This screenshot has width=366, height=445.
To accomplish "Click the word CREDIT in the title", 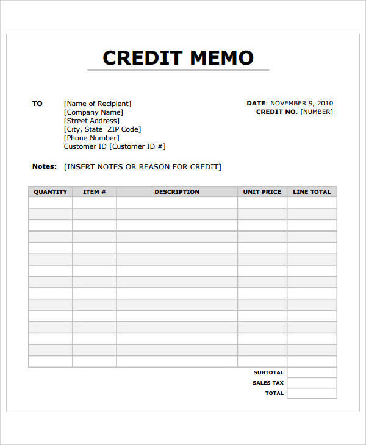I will point(143,58).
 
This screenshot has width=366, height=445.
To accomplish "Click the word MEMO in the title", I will point(221,58).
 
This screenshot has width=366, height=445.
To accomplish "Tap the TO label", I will point(37,104).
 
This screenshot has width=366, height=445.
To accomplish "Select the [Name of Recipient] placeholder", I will point(98,104).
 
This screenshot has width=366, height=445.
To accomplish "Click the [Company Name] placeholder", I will point(93,112).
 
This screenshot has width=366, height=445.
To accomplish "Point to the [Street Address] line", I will point(91,121).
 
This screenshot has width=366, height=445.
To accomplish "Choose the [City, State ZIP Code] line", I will point(102,129).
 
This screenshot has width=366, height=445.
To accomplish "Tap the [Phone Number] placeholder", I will point(91,138).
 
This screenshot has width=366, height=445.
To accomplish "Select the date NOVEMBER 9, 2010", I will point(301,104).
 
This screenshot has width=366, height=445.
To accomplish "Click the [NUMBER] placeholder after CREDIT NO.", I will point(317,112).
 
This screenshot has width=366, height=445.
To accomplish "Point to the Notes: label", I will point(44,166).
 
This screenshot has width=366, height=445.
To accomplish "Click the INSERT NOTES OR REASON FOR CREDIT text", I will point(143,167).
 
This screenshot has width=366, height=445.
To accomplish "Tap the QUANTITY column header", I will point(51,192).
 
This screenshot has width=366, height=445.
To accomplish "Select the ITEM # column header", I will point(95,192).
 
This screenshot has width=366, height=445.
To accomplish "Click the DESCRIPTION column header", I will point(177,192).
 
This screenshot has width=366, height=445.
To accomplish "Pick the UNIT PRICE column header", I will point(262,192).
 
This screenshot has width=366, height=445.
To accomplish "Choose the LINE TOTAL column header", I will point(312,192).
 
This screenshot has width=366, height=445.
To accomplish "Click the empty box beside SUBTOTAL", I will point(312,372).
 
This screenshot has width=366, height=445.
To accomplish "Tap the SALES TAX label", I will point(268,383).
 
